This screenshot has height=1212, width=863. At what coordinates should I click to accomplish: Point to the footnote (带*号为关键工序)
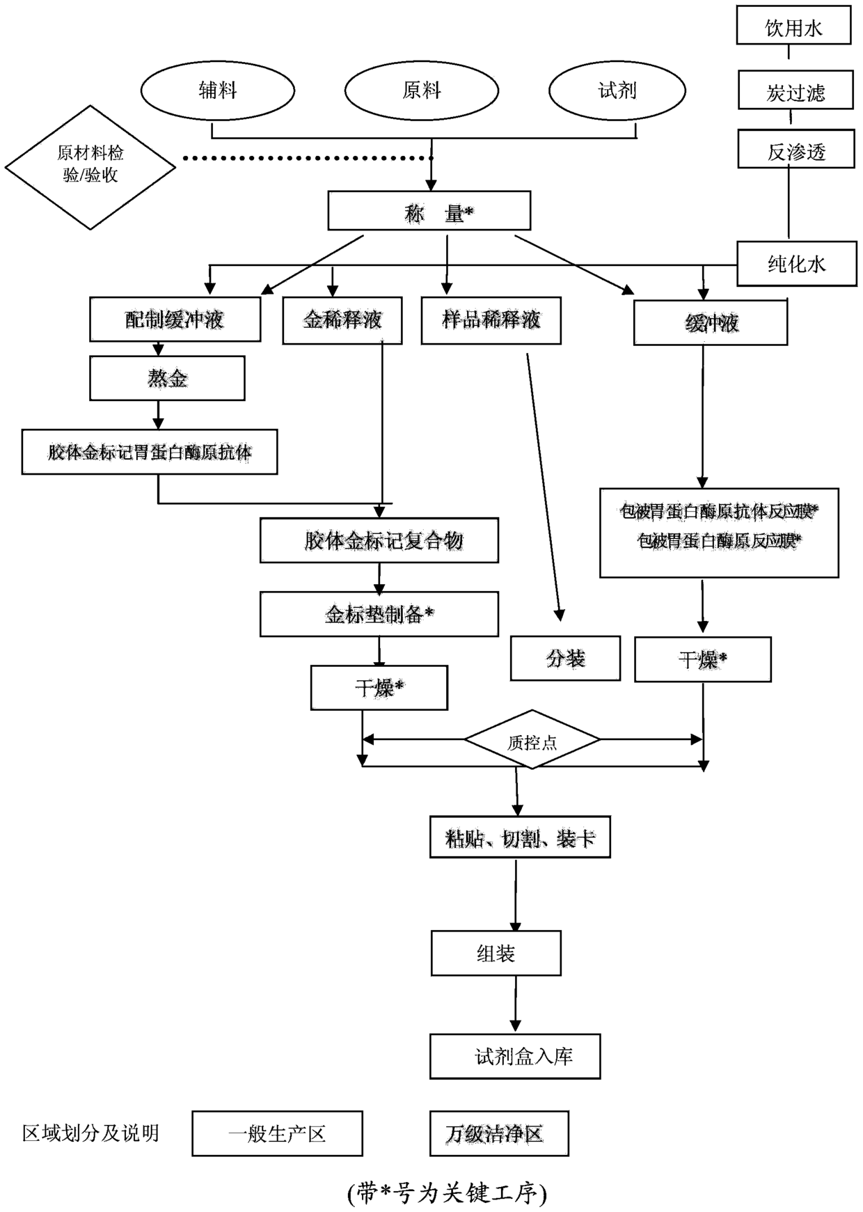point(447,1193)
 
